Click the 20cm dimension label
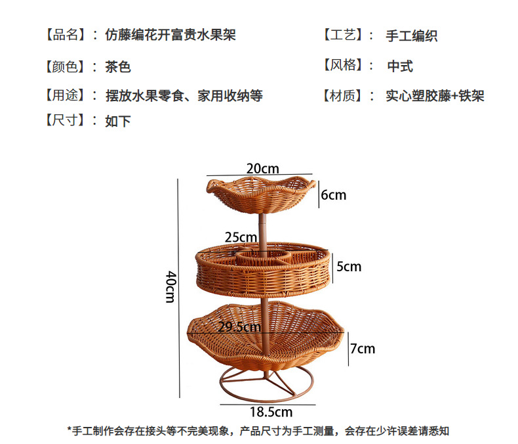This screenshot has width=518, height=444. [262, 169]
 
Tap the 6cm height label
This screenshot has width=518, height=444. [333, 195]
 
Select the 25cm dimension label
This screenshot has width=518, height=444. [241, 237]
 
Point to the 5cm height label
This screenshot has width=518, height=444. [349, 267]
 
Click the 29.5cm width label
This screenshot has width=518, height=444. [240, 326]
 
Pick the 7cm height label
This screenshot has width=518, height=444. [362, 348]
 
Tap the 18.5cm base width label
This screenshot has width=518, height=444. [271, 412]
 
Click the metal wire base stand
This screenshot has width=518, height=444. [266, 386]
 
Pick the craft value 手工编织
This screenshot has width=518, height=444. [412, 35]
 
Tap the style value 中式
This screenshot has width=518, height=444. [399, 66]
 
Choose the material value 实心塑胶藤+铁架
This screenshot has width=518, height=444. [435, 97]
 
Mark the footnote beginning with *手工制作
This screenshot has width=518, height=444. [258, 432]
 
